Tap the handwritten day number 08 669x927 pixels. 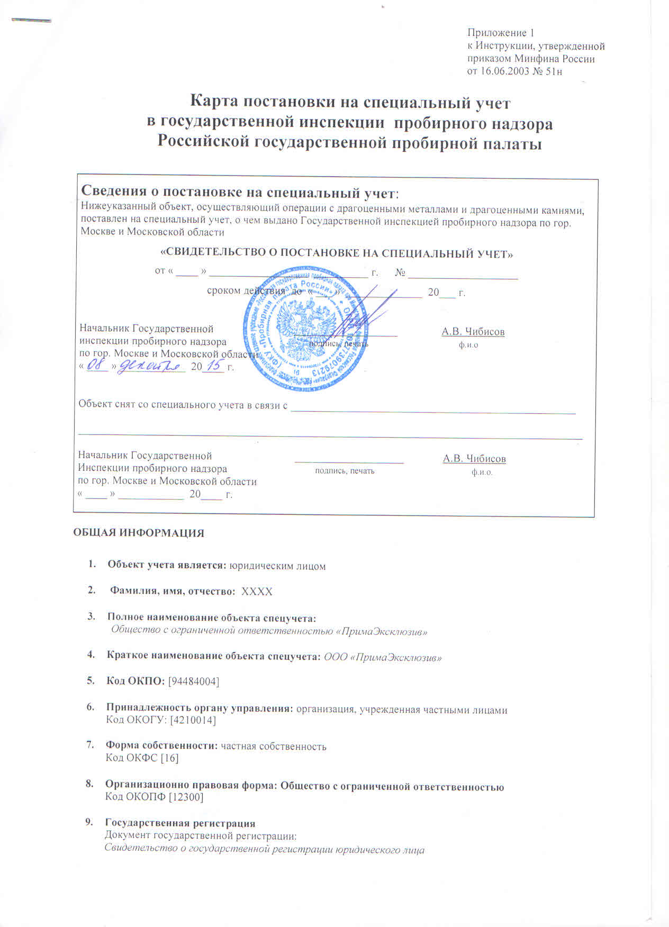click(x=96, y=365)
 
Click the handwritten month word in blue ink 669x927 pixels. click(x=150, y=366)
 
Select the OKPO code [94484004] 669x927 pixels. click(x=193, y=681)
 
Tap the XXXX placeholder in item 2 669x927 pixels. click(x=257, y=592)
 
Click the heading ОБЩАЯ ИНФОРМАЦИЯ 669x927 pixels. click(x=138, y=533)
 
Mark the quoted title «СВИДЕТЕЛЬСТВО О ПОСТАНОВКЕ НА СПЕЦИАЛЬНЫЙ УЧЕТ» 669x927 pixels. click(x=336, y=254)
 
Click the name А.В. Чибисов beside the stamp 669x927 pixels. click(x=473, y=332)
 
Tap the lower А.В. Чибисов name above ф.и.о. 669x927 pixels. click(x=474, y=459)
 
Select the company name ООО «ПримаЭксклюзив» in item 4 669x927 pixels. click(x=383, y=657)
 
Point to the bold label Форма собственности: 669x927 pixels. click(x=162, y=746)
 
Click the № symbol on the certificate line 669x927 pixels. click(x=400, y=273)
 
